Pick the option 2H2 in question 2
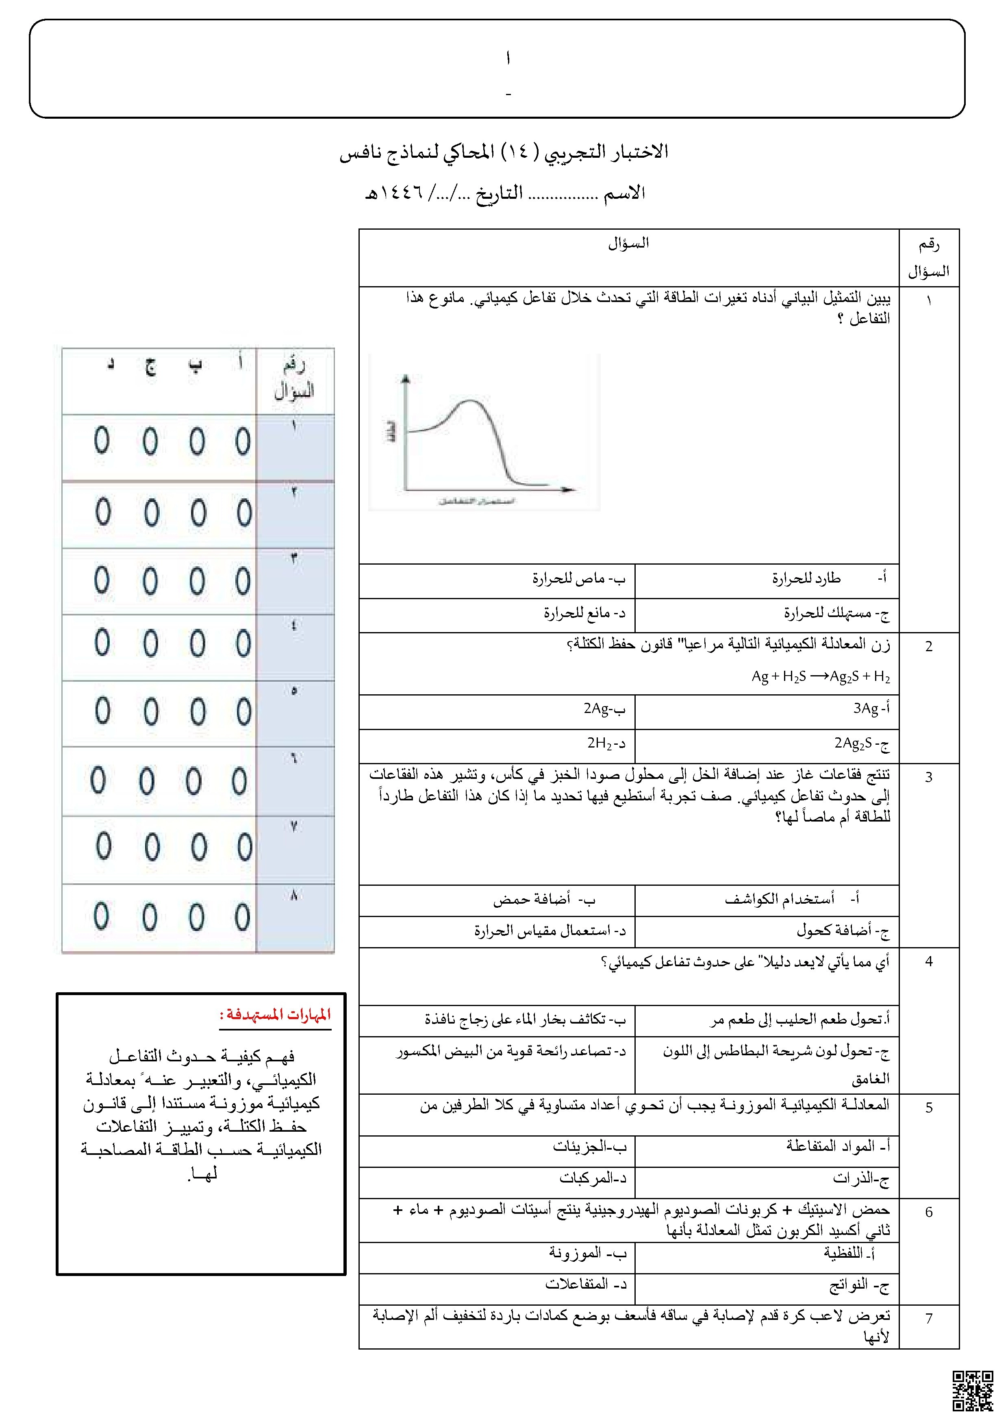pos(606,743)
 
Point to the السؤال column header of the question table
pos(628,243)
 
